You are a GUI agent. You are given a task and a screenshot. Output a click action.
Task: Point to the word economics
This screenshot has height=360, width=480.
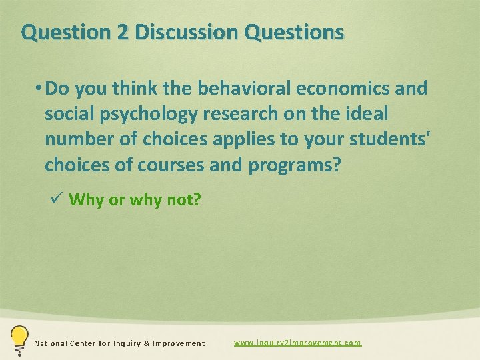[325, 89]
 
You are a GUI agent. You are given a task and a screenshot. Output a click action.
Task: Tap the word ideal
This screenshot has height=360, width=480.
[364, 114]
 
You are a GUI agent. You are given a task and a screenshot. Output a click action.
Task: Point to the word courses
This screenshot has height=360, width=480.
[171, 165]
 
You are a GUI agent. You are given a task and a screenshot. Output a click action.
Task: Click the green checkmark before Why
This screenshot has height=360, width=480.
[57, 199]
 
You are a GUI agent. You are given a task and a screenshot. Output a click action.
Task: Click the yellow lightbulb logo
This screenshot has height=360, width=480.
[18, 338]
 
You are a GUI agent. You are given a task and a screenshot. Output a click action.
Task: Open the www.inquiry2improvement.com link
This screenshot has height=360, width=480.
[297, 343]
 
